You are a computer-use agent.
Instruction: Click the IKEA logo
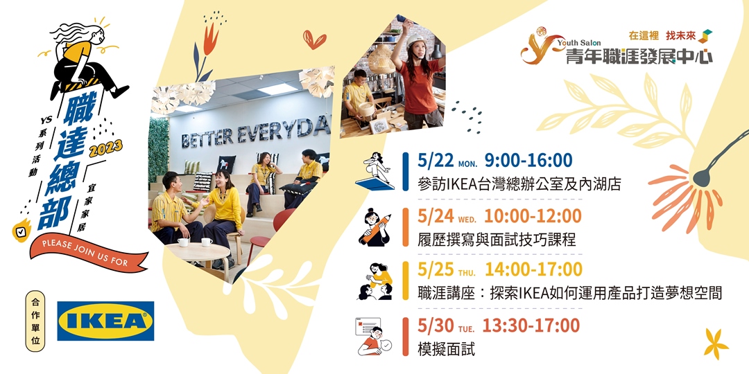pos(105,321)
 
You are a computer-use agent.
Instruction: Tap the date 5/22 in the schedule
pos(433,161)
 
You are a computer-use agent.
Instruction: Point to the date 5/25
pos(434,269)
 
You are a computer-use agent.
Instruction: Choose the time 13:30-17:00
pos(531,324)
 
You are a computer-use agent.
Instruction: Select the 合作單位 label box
pos(35,321)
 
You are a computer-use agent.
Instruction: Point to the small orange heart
pos(314,39)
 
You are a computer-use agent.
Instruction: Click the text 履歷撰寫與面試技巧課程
pos(497,240)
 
